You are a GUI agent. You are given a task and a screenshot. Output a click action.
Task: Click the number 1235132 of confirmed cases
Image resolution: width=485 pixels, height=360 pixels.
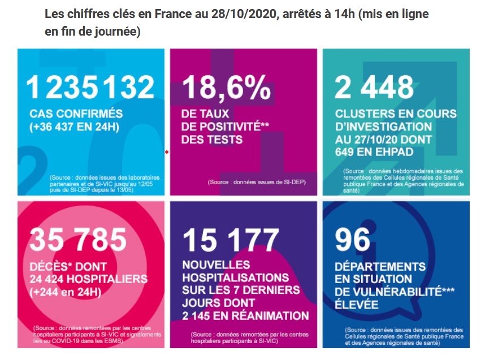(90, 87)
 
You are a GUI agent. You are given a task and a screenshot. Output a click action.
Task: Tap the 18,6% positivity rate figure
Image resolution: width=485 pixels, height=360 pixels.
(226, 88)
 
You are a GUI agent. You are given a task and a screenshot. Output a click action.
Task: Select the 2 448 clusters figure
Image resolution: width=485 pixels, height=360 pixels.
(374, 87)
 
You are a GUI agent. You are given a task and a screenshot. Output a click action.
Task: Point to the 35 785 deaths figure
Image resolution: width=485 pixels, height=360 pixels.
(78, 240)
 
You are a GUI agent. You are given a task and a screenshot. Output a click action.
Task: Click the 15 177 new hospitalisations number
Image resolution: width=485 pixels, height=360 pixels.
(231, 240)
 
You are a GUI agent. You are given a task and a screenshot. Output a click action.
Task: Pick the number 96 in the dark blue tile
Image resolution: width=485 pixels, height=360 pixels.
(352, 240)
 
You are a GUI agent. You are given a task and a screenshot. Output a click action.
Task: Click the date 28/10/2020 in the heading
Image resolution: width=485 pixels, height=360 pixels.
(243, 14)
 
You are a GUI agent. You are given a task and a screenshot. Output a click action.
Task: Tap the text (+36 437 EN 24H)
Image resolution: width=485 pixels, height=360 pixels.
(74, 127)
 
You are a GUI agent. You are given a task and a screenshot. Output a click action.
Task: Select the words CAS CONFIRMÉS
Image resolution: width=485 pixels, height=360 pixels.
(76, 114)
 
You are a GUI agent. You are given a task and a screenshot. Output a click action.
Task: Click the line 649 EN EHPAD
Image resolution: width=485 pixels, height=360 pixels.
(374, 152)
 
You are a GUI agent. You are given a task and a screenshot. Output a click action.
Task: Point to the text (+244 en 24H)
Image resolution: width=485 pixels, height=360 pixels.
(65, 292)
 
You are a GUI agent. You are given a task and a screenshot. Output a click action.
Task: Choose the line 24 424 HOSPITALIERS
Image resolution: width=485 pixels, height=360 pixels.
(88, 279)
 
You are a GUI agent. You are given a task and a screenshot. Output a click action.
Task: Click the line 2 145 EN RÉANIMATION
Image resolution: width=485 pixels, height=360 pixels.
(245, 316)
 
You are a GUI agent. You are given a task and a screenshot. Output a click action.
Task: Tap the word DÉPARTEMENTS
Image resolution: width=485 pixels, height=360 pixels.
(380, 266)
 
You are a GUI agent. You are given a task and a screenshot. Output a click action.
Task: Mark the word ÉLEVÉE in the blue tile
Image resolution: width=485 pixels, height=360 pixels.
(356, 304)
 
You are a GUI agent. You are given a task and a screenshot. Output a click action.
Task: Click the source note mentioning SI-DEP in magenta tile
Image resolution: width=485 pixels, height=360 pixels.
(257, 182)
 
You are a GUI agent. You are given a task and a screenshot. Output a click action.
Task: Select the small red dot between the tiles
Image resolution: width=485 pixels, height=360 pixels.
(167, 152)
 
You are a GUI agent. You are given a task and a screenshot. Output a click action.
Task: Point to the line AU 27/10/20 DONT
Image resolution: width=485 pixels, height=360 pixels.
(383, 140)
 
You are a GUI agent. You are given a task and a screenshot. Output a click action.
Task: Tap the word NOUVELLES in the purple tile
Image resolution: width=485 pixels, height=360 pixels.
(216, 264)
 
